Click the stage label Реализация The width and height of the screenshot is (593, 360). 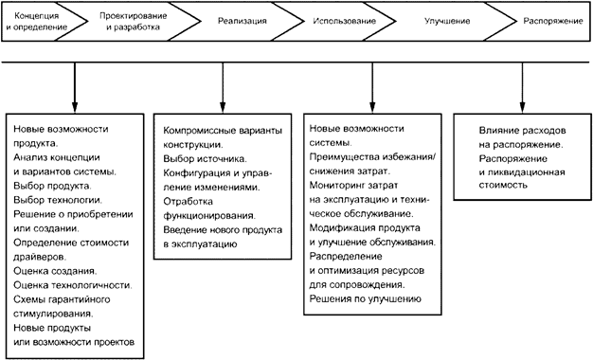[243, 21]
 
